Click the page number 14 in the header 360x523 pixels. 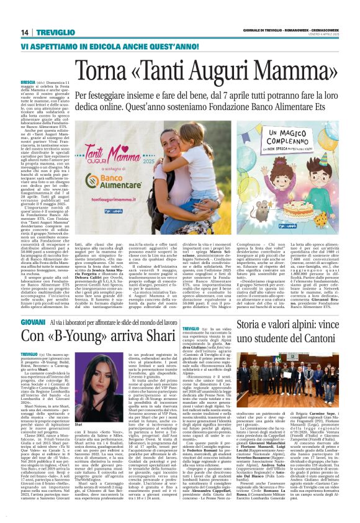[25, 32]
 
